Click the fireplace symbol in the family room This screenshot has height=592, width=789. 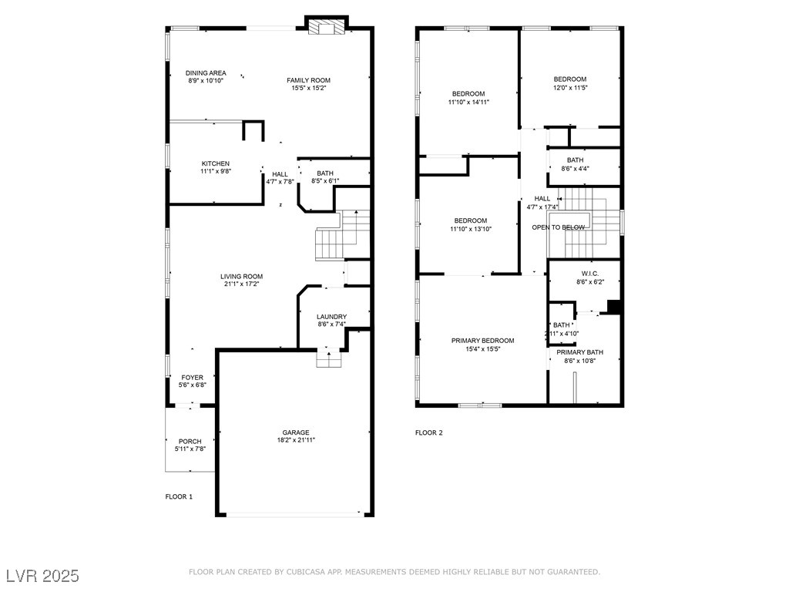click(327, 27)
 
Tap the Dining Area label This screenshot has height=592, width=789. click(206, 73)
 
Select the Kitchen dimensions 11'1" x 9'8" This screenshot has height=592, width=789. click(216, 171)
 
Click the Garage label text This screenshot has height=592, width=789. click(296, 432)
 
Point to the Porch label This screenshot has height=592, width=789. click(190, 442)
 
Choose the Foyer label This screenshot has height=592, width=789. click(192, 378)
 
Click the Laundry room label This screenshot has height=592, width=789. click(331, 317)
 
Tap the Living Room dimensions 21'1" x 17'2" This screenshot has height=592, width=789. click(241, 284)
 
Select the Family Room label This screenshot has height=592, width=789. click(308, 80)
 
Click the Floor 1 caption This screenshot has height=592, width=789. click(179, 497)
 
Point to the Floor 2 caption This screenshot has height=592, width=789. click(429, 433)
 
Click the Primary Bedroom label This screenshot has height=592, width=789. click(482, 341)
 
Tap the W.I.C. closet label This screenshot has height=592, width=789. click(590, 274)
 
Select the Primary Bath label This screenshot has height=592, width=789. click(579, 352)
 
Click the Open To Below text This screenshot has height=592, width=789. click(559, 227)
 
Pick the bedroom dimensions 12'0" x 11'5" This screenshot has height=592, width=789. click(571, 88)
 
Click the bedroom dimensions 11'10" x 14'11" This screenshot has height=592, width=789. click(468, 103)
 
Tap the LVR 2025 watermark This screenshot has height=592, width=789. click(43, 576)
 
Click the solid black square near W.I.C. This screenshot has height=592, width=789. click(614, 307)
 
